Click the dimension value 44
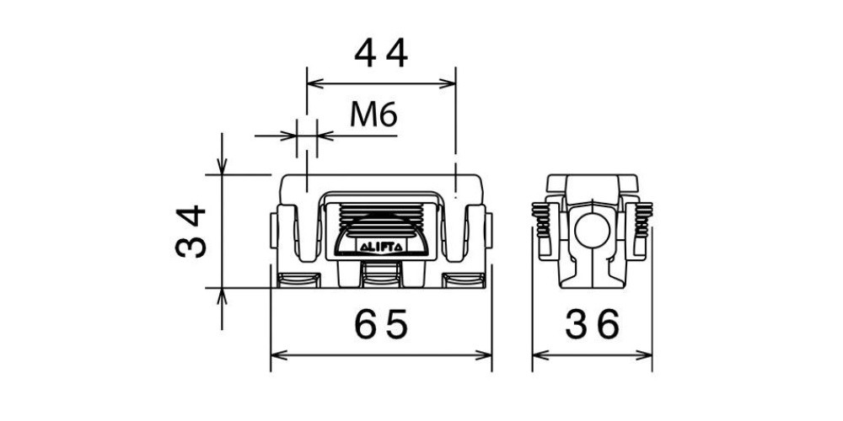381,54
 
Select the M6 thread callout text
373,114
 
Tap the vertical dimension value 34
191,231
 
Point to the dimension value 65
381,325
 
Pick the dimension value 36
593,325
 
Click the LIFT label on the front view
381,248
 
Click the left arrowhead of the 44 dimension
314,83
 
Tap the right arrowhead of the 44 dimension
448,83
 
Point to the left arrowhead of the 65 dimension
278,355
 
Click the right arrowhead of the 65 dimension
484,355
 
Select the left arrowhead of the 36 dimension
540,355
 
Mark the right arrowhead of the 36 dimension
644,355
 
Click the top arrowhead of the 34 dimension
222,166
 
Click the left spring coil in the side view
541,220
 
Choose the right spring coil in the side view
643,220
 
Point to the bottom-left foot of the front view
298,280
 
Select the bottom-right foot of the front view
464,280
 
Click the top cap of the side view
592,183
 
